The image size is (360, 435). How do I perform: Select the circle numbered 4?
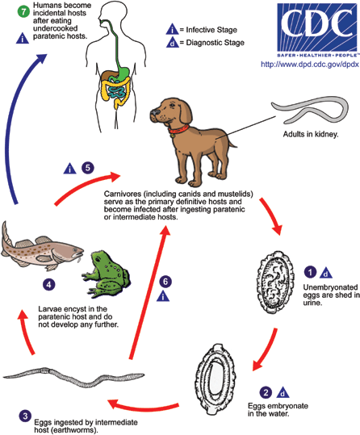(49, 283)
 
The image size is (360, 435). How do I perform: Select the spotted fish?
(40, 246)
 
